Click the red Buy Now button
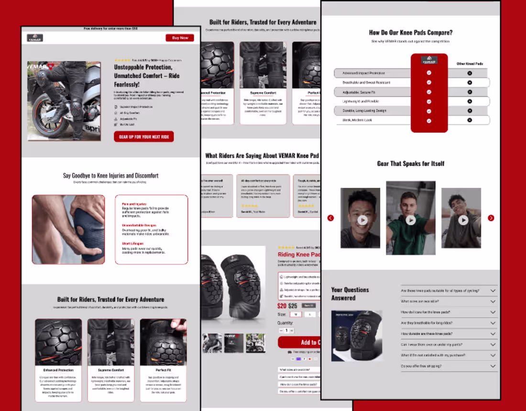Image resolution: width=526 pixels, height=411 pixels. pos(180,38)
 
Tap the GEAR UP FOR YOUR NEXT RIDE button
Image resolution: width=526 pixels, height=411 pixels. pos(143,137)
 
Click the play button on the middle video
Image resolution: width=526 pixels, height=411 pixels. pos(411,220)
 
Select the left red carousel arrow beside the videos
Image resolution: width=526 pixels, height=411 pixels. pos(330,218)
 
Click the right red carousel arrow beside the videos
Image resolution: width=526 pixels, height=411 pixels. pos(491,218)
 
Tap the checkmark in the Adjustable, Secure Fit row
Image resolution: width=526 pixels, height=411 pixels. pos(429,92)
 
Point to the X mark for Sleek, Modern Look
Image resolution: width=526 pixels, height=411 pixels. pos(470,120)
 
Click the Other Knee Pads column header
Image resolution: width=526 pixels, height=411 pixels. pos(470,64)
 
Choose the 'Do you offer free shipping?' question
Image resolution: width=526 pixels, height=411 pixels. pos(421,366)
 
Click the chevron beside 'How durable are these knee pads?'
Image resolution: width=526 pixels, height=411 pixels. pos(493,334)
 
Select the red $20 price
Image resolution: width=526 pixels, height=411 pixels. pos(282,306)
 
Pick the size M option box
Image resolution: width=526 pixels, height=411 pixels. pos(296,314)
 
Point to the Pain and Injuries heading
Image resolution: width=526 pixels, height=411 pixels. pos(134,204)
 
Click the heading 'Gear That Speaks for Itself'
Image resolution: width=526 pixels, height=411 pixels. pos(411,163)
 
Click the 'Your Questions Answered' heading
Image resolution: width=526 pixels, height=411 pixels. pos(350,293)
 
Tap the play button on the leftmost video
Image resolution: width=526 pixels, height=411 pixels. pos(362,220)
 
